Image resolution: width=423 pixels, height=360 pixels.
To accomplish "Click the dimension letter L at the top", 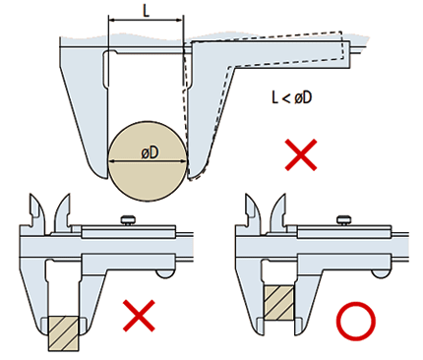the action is point(147,11).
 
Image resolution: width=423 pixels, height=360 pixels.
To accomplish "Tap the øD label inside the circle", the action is point(150,152).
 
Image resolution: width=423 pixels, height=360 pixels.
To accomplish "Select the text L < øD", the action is point(291,97).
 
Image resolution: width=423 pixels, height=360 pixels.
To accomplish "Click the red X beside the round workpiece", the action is point(301,154).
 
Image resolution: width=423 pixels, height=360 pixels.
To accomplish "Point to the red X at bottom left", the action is point(139,316).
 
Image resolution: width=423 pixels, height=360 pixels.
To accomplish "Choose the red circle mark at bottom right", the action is point(355,322).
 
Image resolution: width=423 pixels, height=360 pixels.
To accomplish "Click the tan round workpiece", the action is point(148,161).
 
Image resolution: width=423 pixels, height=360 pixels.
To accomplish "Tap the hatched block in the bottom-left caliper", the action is point(64,333).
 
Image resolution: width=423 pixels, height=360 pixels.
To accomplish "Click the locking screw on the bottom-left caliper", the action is point(128,219).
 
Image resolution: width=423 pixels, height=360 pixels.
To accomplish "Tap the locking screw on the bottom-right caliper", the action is point(344,219).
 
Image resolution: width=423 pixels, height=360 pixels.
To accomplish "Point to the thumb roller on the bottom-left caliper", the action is point(165,273).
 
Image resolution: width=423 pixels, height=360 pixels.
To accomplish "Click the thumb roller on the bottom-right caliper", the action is point(381,273).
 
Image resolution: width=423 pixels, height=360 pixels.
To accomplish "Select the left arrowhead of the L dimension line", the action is point(112,21).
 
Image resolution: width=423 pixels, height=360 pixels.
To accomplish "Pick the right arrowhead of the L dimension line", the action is point(180,21).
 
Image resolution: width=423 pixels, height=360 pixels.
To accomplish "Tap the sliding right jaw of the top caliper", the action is point(210,108).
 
